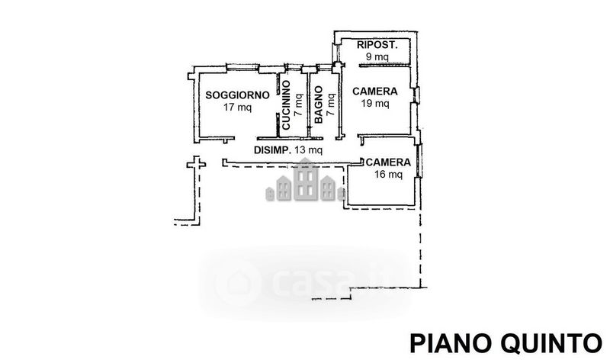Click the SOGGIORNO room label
point(237,95)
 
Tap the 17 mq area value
point(237,108)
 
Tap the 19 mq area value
point(376,104)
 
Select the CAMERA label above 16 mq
point(388,163)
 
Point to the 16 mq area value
point(388,175)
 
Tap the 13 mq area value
point(309,150)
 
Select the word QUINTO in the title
point(548,340)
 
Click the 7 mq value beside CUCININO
point(298,102)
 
